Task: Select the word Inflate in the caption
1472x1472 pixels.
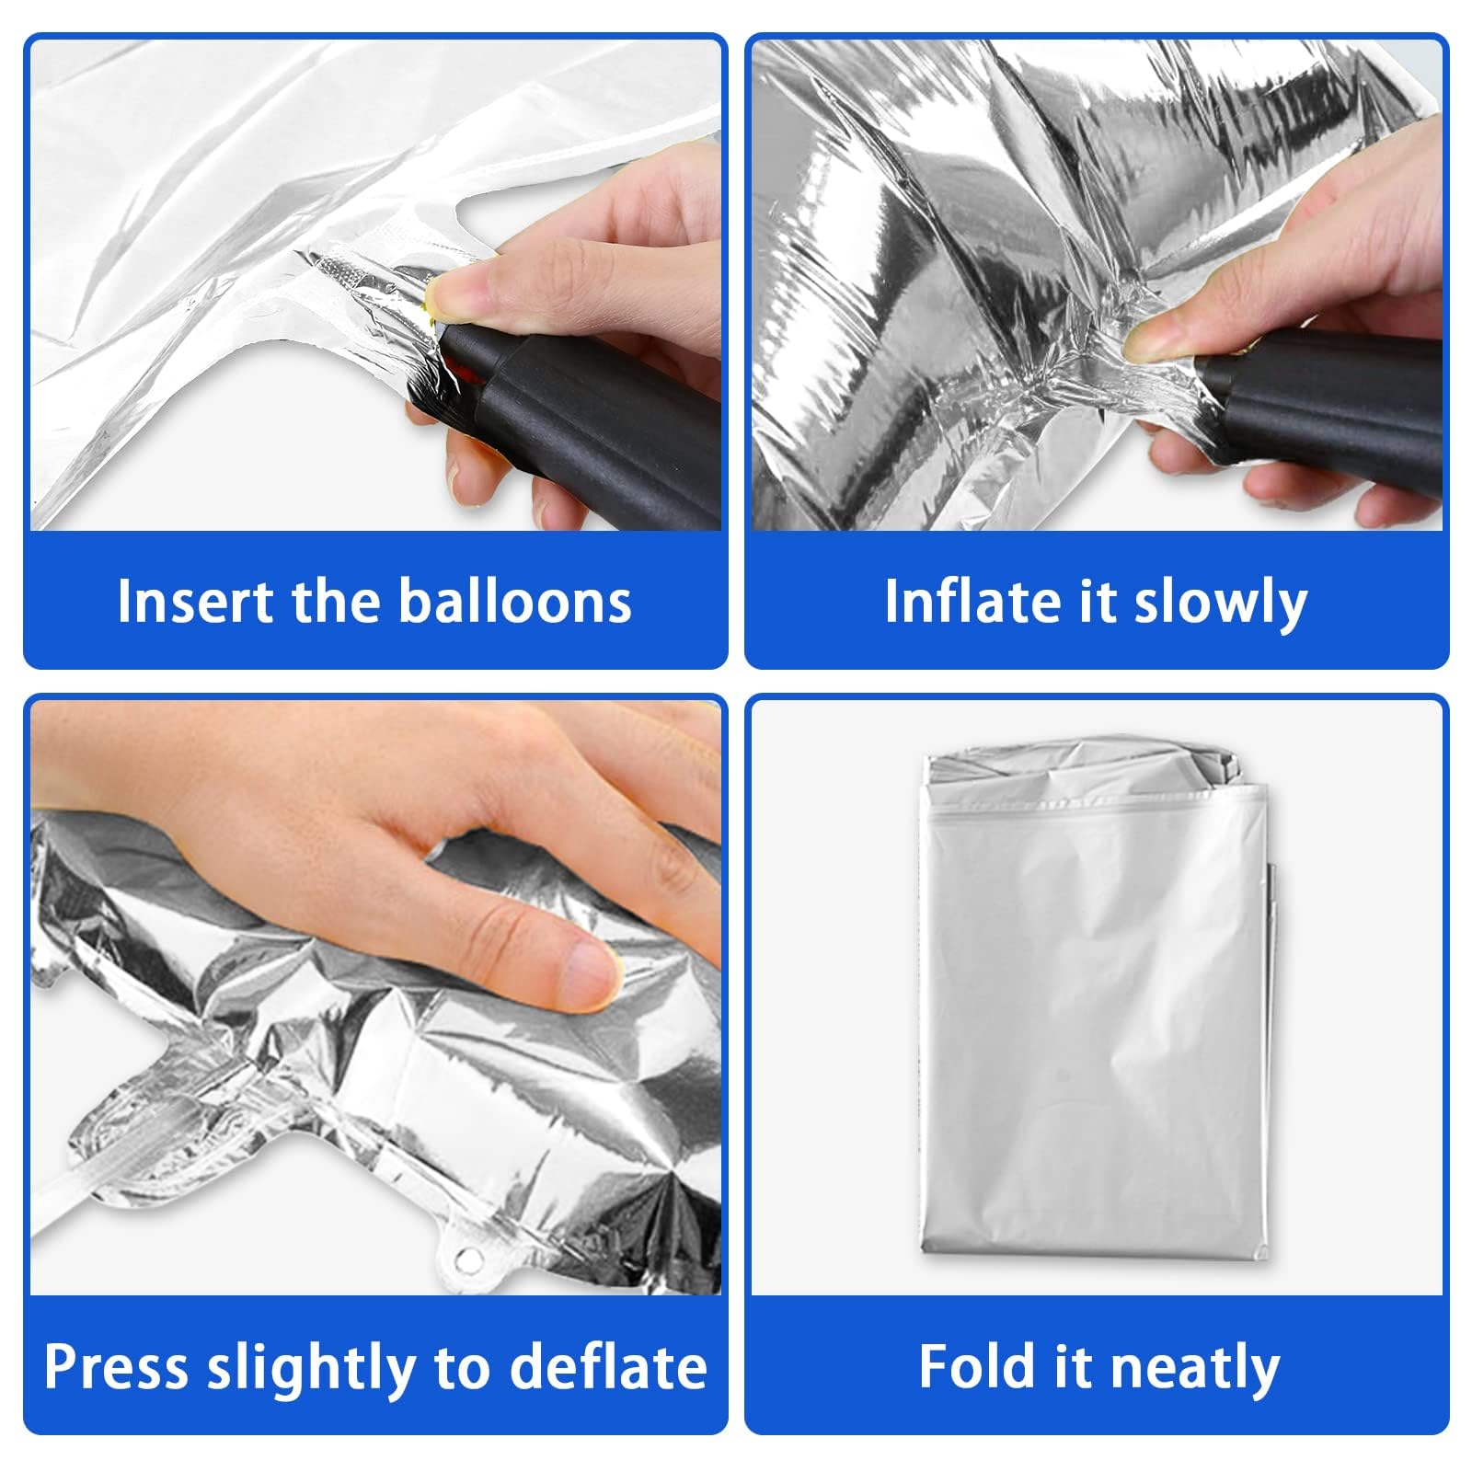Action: coord(970,602)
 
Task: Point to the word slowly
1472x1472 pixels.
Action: coord(1220,604)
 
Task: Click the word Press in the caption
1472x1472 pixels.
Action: coord(117,1367)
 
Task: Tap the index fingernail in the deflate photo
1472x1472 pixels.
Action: coord(586,976)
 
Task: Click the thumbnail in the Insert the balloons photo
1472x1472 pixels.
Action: coord(457,294)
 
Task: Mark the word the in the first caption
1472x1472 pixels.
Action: coord(337,602)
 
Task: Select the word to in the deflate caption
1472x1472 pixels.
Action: coord(462,1369)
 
